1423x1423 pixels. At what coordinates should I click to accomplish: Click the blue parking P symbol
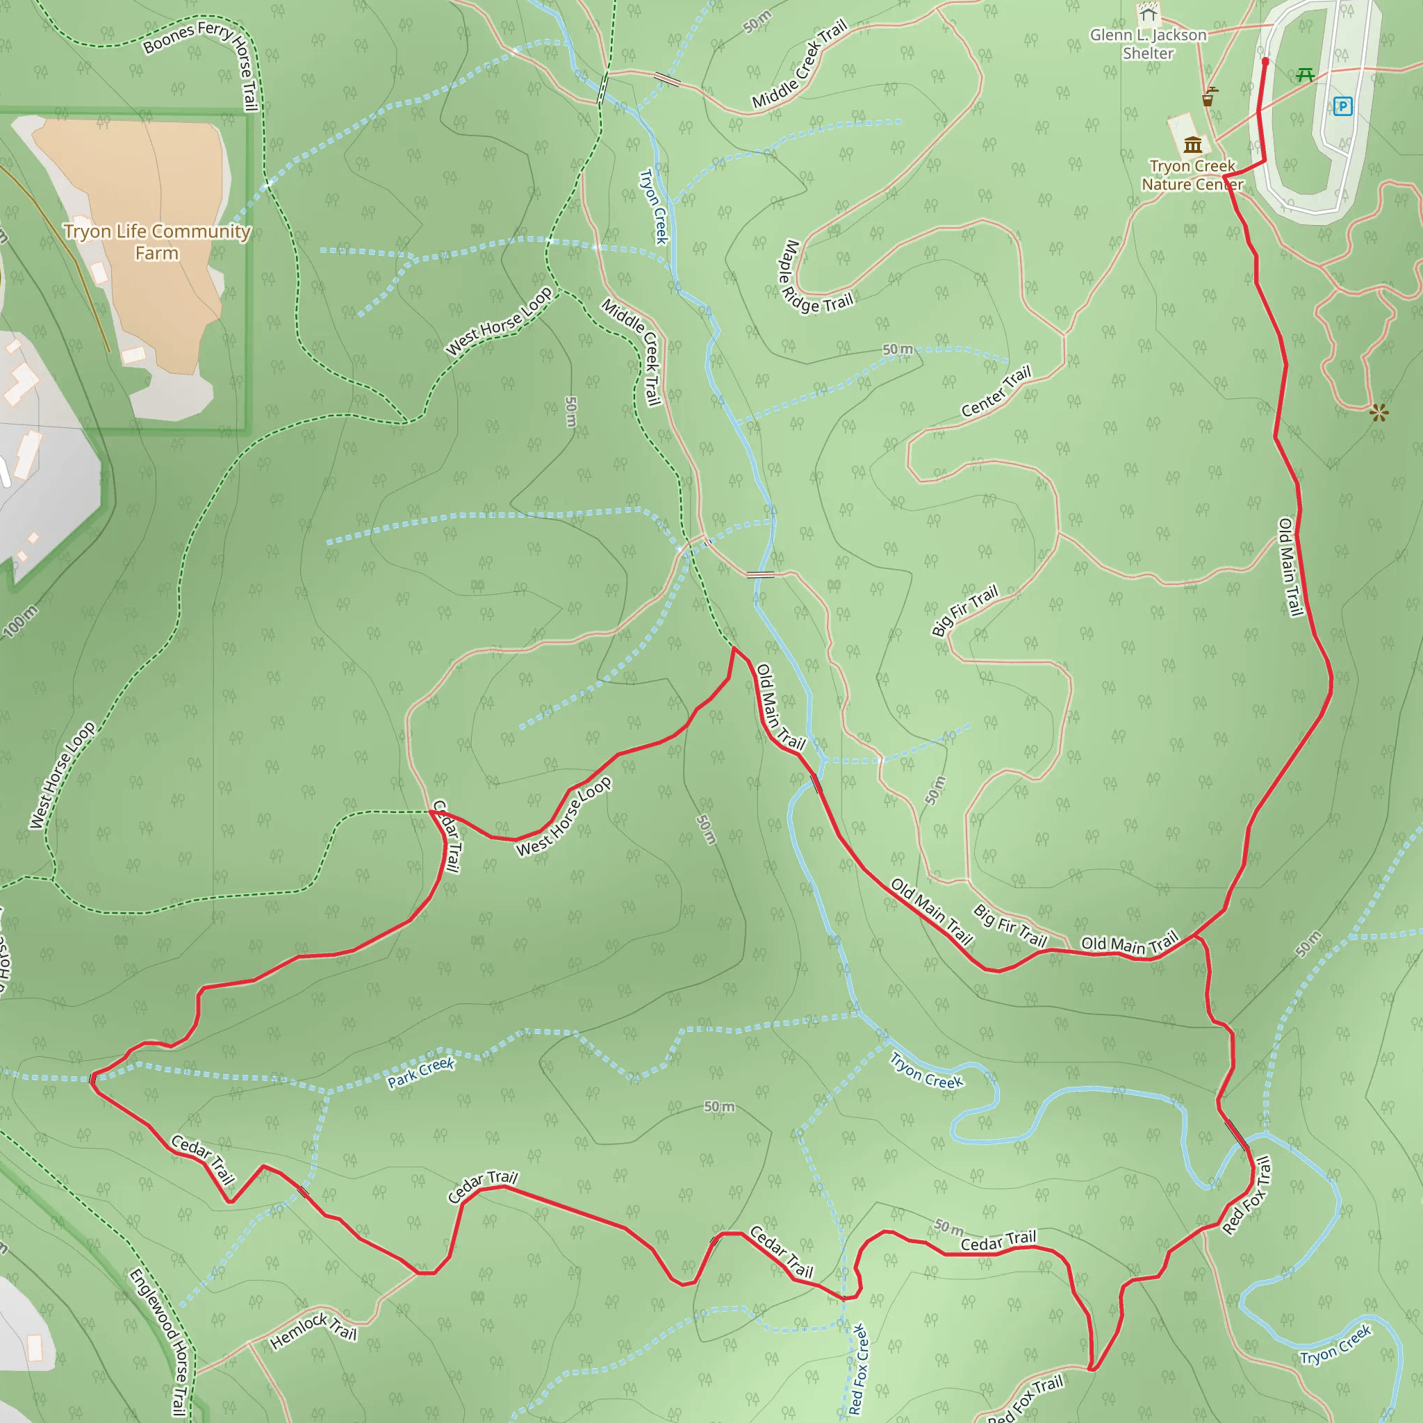click(x=1342, y=107)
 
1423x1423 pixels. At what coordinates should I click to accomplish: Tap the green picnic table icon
click(x=1305, y=74)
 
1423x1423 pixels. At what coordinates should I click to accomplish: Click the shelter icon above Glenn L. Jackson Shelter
click(x=1149, y=13)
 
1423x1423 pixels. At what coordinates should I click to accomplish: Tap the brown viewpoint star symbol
click(x=1379, y=413)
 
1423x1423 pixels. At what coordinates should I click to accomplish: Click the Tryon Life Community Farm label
click(x=157, y=242)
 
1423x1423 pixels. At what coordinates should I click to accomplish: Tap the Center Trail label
click(x=996, y=391)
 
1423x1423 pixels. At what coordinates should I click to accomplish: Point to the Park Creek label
click(x=421, y=1072)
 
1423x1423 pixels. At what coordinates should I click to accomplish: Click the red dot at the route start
click(x=1265, y=62)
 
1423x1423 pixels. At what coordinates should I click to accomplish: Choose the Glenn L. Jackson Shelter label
click(x=1149, y=44)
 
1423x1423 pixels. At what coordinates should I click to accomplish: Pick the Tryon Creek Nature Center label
click(x=1192, y=175)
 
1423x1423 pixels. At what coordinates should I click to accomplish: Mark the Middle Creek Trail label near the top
click(x=800, y=65)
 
